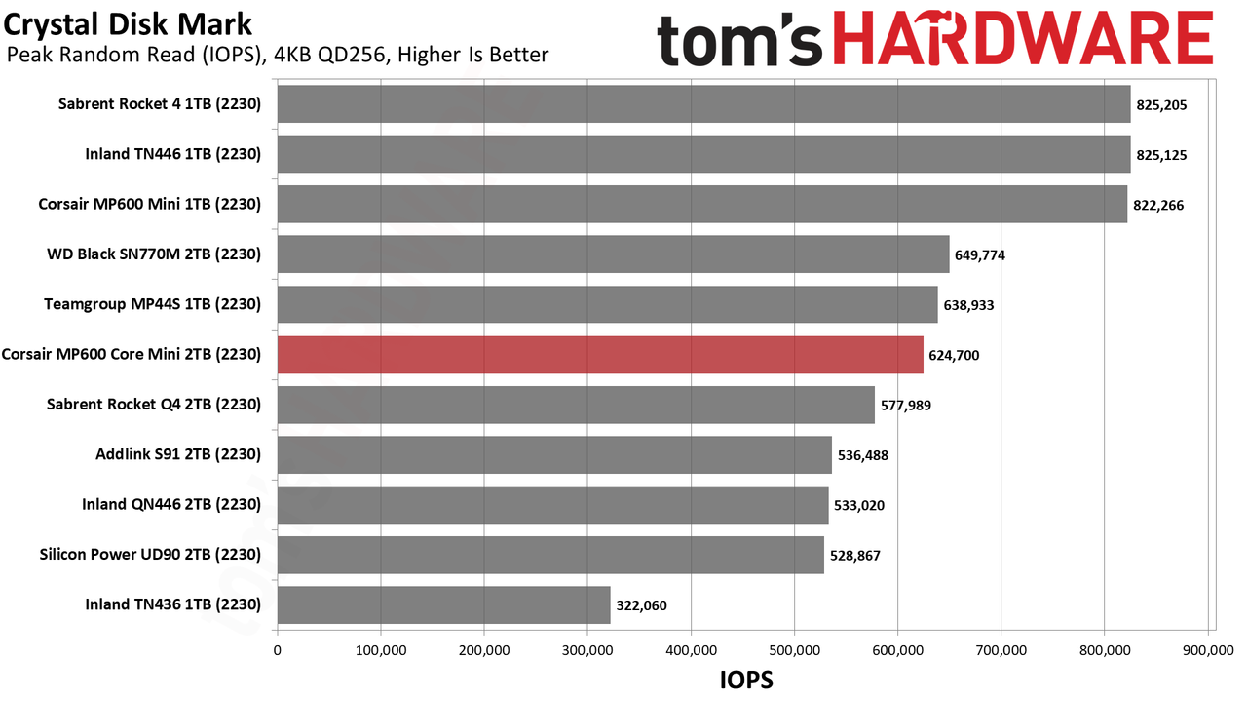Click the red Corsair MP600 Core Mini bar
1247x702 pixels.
coord(600,355)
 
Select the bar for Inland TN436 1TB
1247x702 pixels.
coord(443,605)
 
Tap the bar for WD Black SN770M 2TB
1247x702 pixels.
coord(614,254)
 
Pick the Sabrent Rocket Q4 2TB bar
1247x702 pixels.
coord(576,405)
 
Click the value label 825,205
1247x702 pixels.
coord(1161,105)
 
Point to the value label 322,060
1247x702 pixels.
coord(641,605)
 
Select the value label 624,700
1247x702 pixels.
coord(954,356)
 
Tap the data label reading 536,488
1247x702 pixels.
coord(863,455)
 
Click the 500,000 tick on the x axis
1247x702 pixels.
coord(794,650)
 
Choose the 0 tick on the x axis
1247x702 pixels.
coord(278,650)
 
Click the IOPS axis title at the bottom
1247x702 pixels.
coord(746,681)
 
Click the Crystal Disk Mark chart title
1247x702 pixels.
coord(128,24)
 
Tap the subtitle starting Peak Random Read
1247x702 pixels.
coord(278,55)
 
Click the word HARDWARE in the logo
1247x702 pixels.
coord(1023,39)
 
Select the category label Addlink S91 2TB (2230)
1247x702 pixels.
coord(178,454)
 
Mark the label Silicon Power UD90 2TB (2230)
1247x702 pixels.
coord(150,555)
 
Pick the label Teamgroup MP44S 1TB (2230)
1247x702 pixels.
coord(153,304)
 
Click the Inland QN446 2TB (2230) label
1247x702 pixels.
coord(171,505)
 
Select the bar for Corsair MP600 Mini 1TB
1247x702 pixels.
coord(702,204)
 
